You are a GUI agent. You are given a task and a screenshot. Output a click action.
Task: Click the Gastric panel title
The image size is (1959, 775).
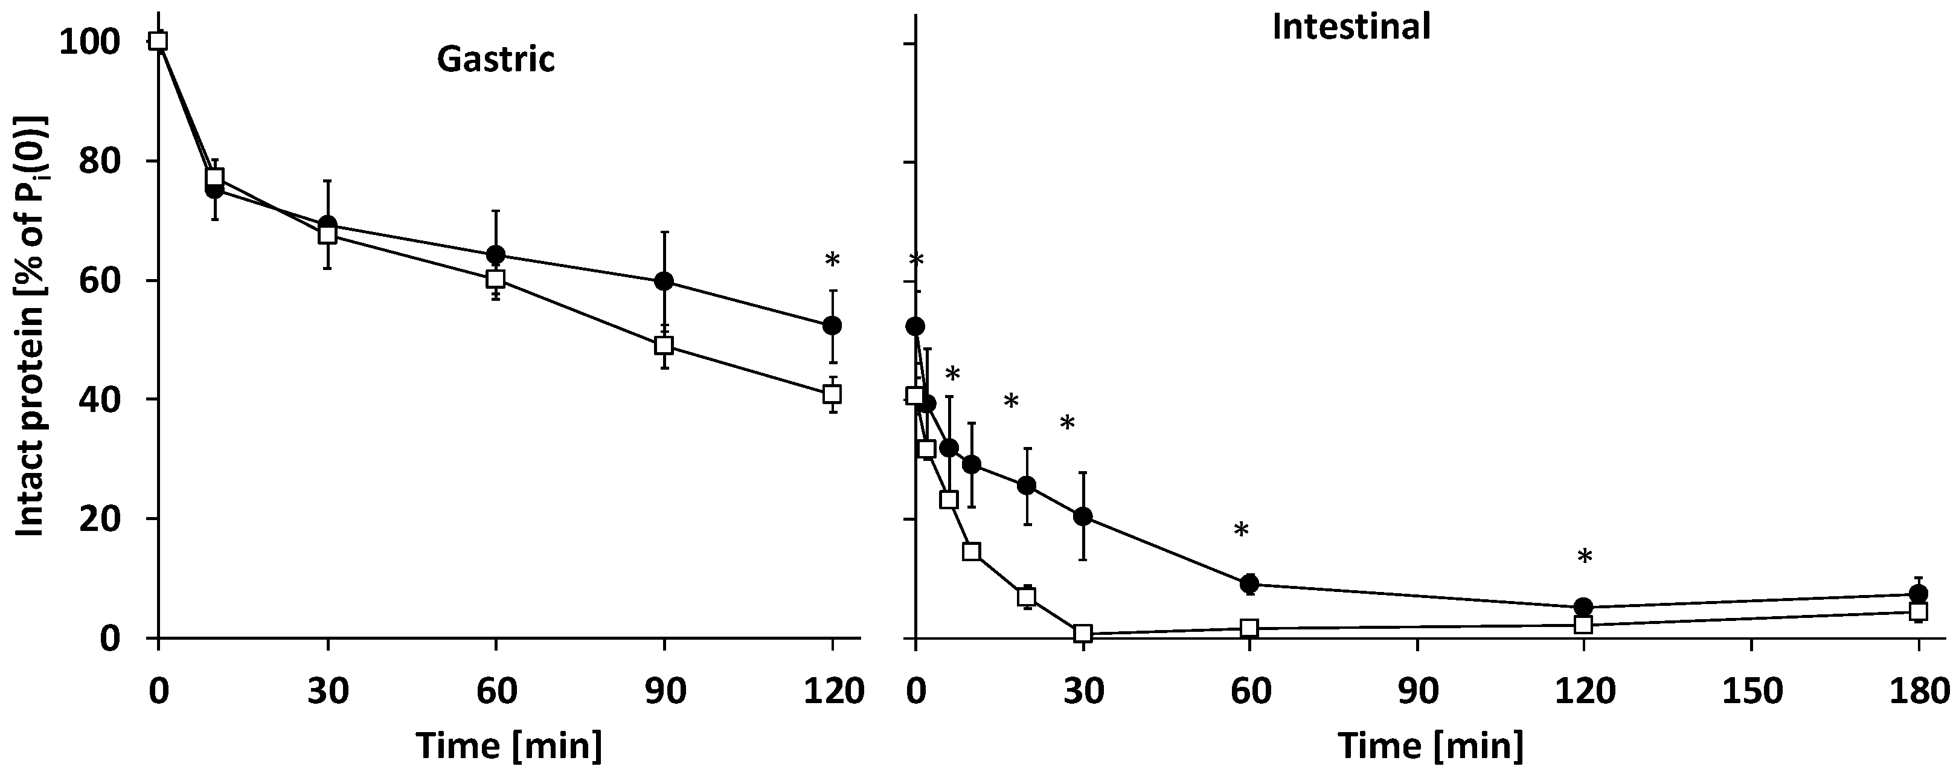click(495, 59)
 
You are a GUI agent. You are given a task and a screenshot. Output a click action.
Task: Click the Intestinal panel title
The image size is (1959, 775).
click(1351, 27)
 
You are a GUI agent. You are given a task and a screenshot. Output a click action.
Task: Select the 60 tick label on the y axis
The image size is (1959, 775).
click(103, 281)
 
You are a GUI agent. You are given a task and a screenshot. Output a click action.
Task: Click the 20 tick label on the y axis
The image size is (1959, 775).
click(103, 519)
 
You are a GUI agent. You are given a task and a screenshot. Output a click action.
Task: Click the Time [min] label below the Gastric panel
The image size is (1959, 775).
click(508, 745)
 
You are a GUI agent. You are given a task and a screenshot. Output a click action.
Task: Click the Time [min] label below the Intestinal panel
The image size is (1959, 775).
click(1431, 745)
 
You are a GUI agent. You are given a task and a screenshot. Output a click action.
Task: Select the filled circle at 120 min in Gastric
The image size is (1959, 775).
click(832, 325)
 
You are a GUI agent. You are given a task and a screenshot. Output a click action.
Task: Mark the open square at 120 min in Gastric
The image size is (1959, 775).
click(832, 393)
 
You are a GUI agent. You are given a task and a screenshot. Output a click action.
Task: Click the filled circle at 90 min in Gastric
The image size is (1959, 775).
click(664, 281)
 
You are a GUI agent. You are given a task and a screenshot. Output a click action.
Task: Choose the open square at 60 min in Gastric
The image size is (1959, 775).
click(495, 278)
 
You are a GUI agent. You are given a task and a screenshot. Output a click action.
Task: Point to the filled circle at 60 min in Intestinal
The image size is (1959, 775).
click(1249, 584)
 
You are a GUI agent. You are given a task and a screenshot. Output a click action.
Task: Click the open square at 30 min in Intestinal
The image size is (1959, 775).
click(1083, 633)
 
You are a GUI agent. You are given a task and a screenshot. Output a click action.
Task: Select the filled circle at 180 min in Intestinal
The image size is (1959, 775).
click(1918, 593)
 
